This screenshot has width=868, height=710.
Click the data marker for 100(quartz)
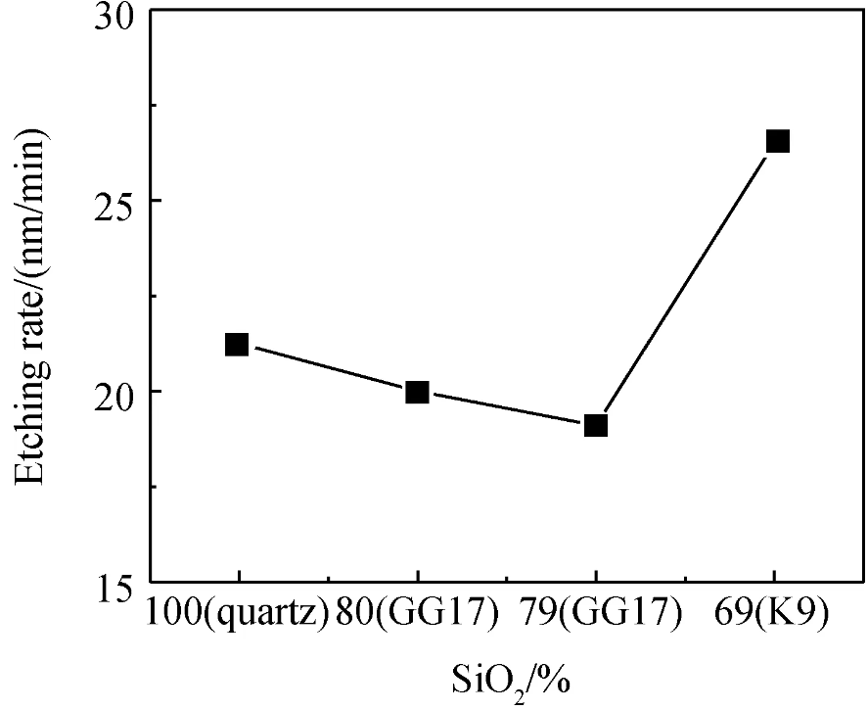[x=237, y=344]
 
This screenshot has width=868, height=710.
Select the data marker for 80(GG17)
[x=417, y=393]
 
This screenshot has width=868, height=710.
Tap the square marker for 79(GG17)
[x=596, y=425]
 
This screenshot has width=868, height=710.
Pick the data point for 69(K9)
[x=777, y=141]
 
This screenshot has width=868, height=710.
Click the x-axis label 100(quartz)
[x=236, y=613]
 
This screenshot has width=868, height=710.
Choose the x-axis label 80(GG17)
[x=416, y=613]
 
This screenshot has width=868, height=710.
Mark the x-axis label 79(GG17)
[x=596, y=613]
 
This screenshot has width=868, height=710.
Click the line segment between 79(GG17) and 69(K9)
[x=686, y=283]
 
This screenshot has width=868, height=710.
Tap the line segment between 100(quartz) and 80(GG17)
[x=327, y=368]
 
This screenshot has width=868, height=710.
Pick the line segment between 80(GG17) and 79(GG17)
[x=506, y=409]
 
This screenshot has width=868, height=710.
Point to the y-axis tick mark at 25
[x=157, y=200]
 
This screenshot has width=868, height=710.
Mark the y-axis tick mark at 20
[x=157, y=391]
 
